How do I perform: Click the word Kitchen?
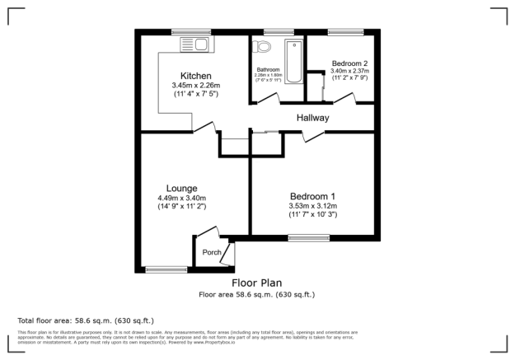click(x=190, y=76)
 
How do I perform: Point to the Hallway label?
click(x=313, y=118)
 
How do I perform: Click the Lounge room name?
click(x=180, y=188)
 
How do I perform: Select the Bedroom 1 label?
click(x=312, y=195)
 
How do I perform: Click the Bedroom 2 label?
click(x=349, y=63)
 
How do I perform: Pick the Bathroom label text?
click(x=269, y=70)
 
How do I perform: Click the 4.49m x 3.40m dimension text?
click(x=181, y=198)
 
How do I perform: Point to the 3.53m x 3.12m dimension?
click(x=313, y=205)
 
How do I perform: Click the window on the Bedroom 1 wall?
click(x=308, y=238)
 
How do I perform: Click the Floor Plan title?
click(x=256, y=283)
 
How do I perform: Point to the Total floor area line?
click(x=85, y=320)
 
